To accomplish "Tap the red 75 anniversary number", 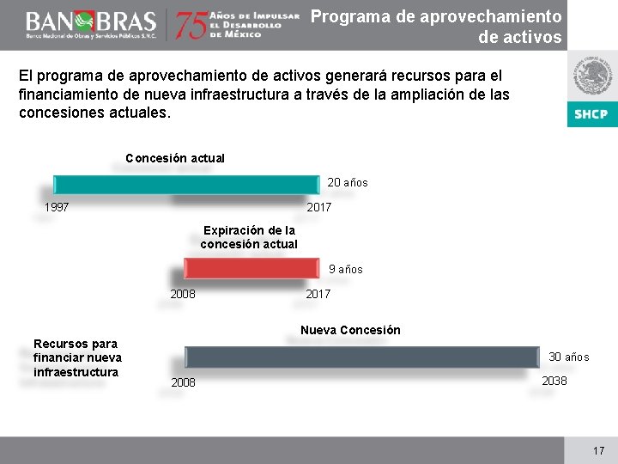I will tap(191, 26).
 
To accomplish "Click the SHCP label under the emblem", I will tap(591, 114).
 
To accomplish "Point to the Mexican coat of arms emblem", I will tap(591, 77).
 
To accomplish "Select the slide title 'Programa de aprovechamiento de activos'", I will tap(435, 27).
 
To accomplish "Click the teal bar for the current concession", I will tap(185, 184).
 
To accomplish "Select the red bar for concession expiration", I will tap(251, 269).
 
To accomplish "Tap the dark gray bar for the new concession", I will tap(360, 357).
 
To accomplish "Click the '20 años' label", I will tap(348, 182).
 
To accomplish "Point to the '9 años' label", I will tap(346, 269).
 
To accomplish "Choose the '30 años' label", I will tap(569, 357).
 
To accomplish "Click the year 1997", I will tap(57, 207).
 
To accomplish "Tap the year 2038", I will tap(554, 381).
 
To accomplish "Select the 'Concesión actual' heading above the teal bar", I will tap(175, 158).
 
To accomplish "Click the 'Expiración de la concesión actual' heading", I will tap(249, 237).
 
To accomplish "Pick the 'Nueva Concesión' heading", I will tap(350, 330).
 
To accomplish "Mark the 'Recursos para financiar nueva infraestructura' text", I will tap(77, 357).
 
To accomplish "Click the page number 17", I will tap(598, 450).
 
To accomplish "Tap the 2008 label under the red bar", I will tap(183, 294).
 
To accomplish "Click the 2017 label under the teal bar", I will tap(319, 207).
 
